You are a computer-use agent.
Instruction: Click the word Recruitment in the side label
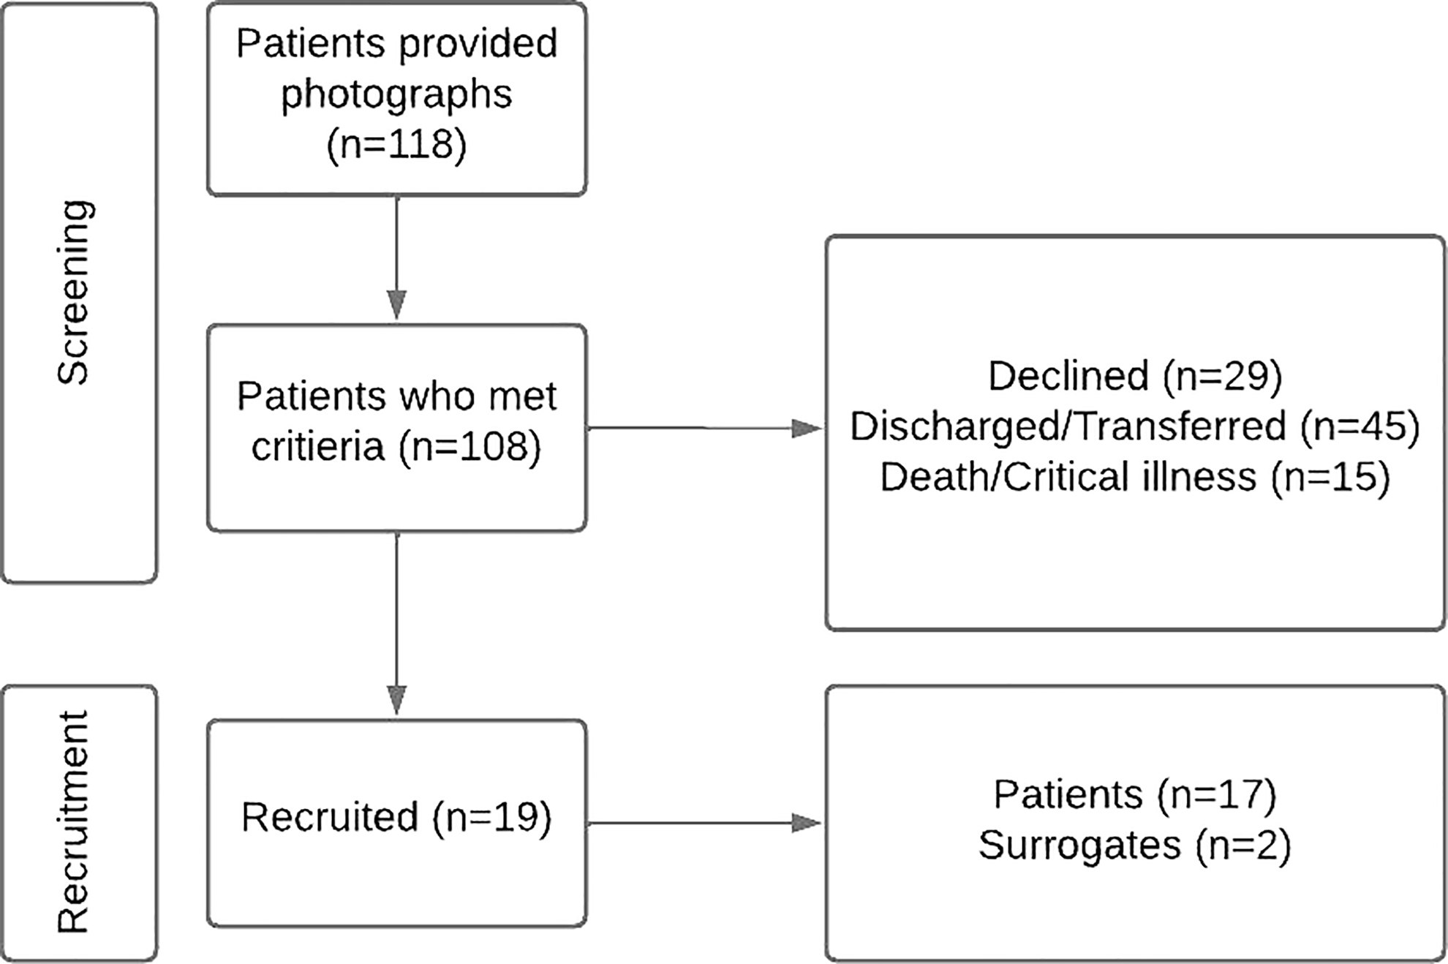coord(73,821)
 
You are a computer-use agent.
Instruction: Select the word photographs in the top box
coord(396,95)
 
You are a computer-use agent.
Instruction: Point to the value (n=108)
coord(470,445)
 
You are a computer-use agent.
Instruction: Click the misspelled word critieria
coord(317,445)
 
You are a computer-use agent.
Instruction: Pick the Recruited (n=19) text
coord(396,817)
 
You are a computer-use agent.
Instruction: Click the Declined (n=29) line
coord(1135,376)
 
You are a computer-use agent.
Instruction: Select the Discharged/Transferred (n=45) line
coord(1135,426)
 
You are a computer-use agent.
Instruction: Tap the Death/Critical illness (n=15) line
coord(1135,476)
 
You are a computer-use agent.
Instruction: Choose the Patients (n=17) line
coord(1135,794)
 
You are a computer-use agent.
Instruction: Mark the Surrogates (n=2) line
coord(1135,845)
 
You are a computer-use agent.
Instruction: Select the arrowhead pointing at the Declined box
coord(807,429)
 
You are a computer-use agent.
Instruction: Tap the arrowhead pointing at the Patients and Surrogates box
coord(807,824)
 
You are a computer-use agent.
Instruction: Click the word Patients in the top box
coord(311,44)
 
